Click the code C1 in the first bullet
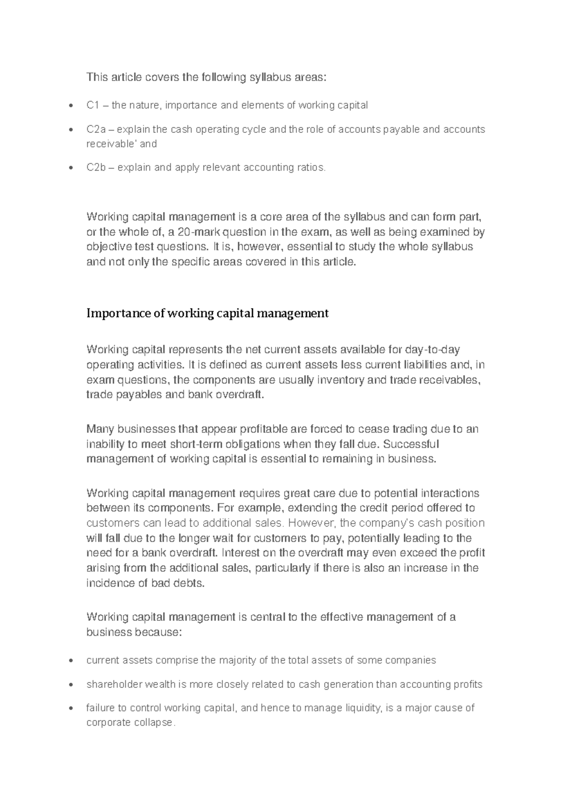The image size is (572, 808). tap(92, 105)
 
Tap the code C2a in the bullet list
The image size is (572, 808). tap(96, 129)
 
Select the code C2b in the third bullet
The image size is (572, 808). tap(96, 167)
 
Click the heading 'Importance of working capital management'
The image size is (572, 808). tap(207, 313)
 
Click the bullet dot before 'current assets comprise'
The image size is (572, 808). tap(71, 661)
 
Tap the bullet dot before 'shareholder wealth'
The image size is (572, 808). tap(71, 685)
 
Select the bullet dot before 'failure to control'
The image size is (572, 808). tap(71, 708)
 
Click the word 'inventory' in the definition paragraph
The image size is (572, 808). tap(338, 380)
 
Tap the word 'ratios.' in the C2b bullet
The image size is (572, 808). tap(312, 167)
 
